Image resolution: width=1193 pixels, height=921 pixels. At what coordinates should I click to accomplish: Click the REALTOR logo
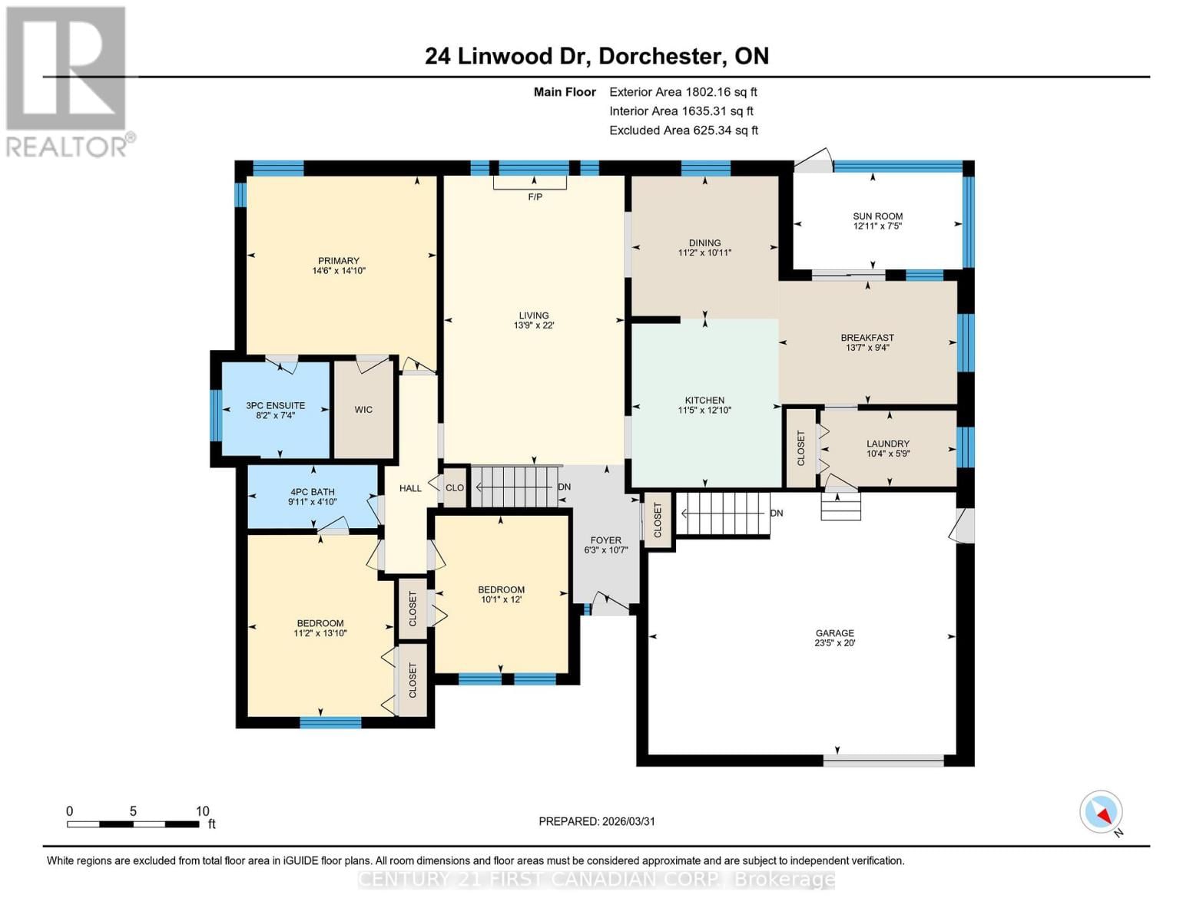click(x=68, y=81)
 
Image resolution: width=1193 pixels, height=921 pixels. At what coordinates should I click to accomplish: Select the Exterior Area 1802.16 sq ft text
click(x=683, y=92)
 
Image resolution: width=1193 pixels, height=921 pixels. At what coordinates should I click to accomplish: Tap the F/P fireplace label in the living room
click(x=535, y=197)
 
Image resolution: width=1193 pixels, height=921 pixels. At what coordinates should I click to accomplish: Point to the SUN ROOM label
click(x=877, y=216)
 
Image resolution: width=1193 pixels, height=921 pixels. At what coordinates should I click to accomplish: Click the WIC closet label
click(x=363, y=410)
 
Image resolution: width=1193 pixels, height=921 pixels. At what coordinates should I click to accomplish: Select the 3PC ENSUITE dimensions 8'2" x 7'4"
click(x=275, y=415)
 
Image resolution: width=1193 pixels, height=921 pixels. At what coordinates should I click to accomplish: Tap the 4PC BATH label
click(x=312, y=492)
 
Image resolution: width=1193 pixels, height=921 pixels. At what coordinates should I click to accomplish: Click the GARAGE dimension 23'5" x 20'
click(x=834, y=643)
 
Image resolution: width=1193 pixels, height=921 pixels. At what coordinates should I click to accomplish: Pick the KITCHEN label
click(x=704, y=401)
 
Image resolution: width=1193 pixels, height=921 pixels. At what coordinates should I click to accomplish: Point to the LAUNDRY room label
click(x=887, y=444)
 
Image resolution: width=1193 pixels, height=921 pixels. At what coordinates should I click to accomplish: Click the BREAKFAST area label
click(x=867, y=338)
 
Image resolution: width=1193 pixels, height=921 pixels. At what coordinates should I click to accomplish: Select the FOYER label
click(x=605, y=540)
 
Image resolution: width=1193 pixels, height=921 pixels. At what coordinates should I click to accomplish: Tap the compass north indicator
click(x=1102, y=812)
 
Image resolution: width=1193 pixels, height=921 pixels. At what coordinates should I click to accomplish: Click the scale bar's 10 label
click(x=202, y=811)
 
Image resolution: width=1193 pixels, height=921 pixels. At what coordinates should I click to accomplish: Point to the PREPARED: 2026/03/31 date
click(x=597, y=821)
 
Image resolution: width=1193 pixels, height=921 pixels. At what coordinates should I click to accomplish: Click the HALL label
click(x=410, y=488)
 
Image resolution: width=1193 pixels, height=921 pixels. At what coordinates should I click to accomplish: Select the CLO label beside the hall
click(x=455, y=488)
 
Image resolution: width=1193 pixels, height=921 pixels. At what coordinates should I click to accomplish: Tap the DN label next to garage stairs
click(x=777, y=513)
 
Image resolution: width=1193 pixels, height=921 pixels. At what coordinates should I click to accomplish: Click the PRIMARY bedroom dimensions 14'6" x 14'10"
click(x=338, y=271)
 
